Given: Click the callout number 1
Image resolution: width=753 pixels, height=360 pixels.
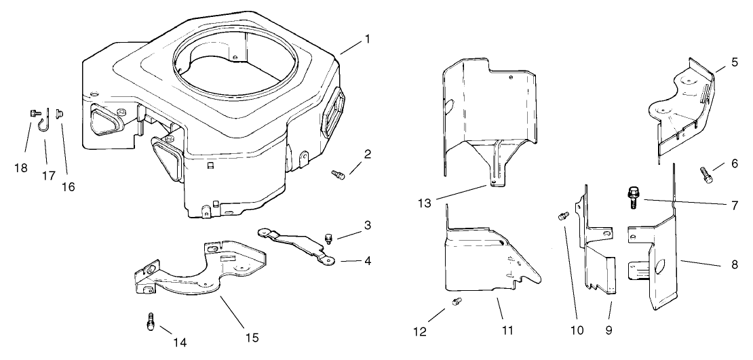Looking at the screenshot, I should click(367, 39).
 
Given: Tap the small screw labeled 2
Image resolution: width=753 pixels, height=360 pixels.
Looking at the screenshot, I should click(337, 175).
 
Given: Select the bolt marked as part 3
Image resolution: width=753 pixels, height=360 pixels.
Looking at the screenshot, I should click(328, 237).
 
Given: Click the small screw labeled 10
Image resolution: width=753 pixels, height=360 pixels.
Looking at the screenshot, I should click(562, 216).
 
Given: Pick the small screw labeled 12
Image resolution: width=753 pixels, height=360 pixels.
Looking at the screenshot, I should click(457, 301).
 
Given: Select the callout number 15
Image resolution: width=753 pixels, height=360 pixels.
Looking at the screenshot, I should click(252, 337).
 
